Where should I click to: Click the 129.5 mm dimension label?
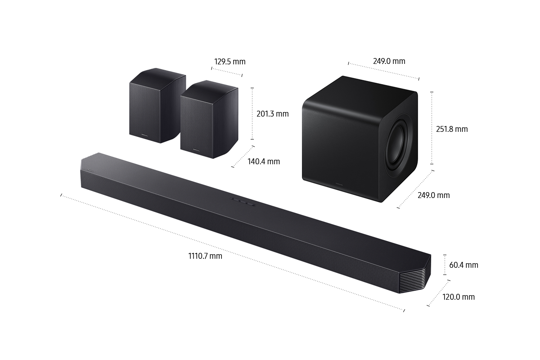pyautogui.click(x=229, y=62)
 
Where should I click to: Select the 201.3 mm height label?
pyautogui.click(x=272, y=114)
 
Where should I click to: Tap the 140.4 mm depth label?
pyautogui.click(x=264, y=161)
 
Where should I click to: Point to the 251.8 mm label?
pyautogui.click(x=452, y=129)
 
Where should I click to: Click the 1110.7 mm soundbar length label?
pyautogui.click(x=205, y=256)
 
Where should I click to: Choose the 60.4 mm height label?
pyautogui.click(x=463, y=265)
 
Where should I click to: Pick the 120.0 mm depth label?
pyautogui.click(x=459, y=297)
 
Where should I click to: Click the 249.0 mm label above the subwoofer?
pyautogui.click(x=389, y=61)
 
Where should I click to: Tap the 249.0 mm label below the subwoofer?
pyautogui.click(x=433, y=195)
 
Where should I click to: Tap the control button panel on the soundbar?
pyautogui.click(x=242, y=202)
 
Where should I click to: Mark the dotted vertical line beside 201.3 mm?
pyautogui.click(x=252, y=113)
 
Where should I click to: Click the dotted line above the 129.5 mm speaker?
pyautogui.click(x=226, y=72)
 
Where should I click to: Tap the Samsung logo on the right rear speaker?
pyautogui.click(x=196, y=146)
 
